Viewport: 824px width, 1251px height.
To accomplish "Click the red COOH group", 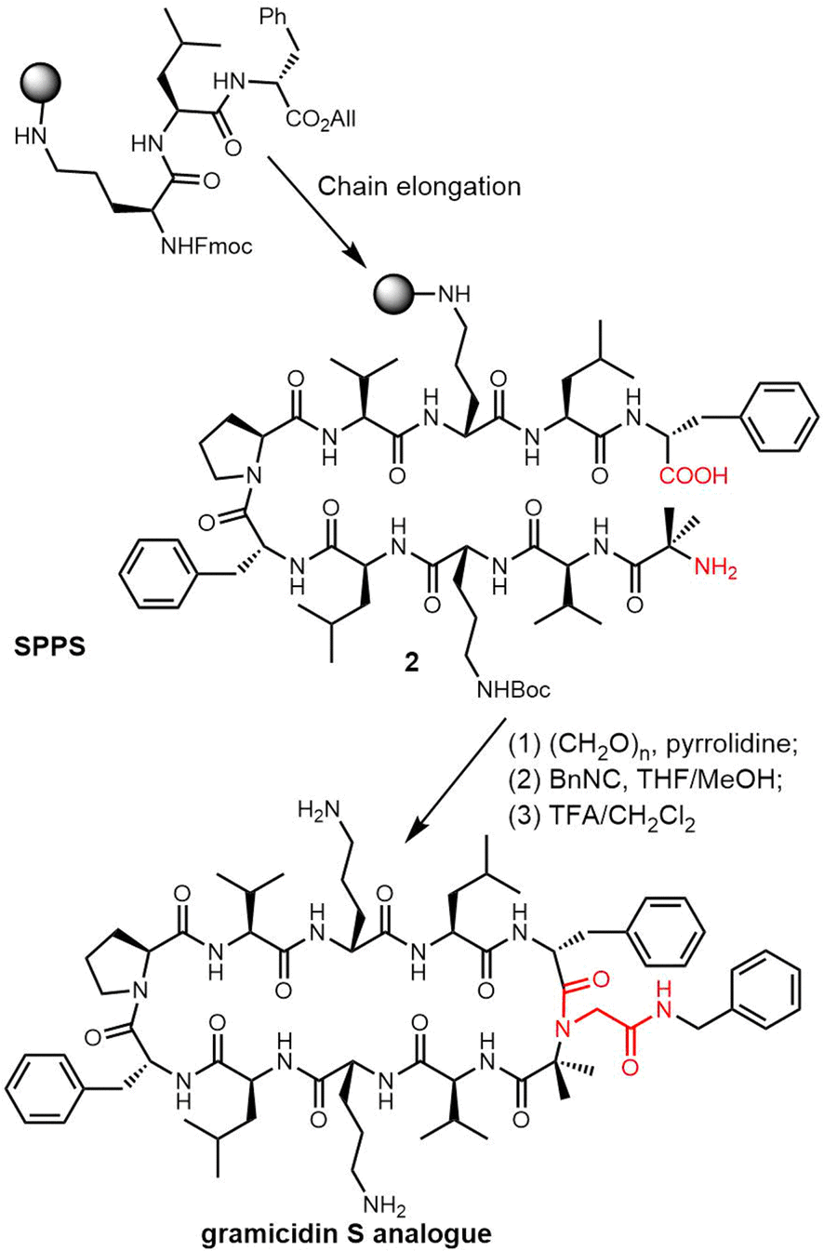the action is pyautogui.click(x=694, y=475).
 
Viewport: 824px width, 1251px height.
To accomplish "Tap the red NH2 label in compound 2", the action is pyautogui.click(x=715, y=568).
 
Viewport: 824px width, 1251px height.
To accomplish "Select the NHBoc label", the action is pyautogui.click(x=513, y=689).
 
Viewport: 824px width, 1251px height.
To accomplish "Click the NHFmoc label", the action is pyautogui.click(x=206, y=246).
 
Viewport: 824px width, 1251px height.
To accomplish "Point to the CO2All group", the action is pyautogui.click(x=321, y=120).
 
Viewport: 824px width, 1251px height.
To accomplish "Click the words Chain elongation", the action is pyautogui.click(x=419, y=186).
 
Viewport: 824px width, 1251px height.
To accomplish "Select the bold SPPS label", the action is pyautogui.click(x=49, y=646).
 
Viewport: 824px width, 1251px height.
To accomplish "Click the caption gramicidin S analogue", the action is pyautogui.click(x=346, y=1232).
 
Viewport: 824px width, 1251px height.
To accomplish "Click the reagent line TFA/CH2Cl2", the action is pyautogui.click(x=602, y=818).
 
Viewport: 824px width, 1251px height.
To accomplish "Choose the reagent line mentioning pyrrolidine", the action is pyautogui.click(x=653, y=745).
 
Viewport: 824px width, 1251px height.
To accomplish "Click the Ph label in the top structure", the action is pyautogui.click(x=273, y=17).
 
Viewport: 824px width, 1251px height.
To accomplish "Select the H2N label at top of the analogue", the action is pyautogui.click(x=319, y=809).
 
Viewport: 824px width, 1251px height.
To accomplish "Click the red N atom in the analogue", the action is pyautogui.click(x=563, y=1029).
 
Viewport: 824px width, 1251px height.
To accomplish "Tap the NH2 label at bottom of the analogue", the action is pyautogui.click(x=384, y=1204).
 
